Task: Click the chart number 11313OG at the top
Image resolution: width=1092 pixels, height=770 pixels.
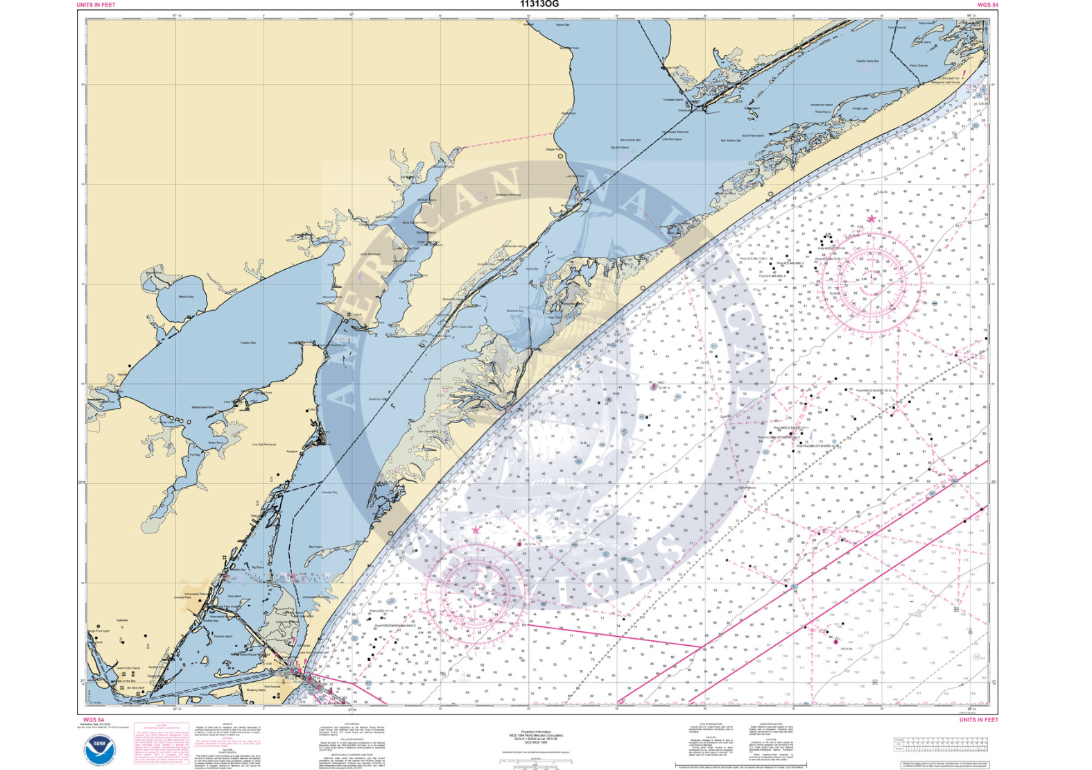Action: pyautogui.click(x=539, y=4)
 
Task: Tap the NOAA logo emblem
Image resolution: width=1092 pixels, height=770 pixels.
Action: pyautogui.click(x=101, y=751)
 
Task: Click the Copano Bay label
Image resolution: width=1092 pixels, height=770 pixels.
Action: pyautogui.click(x=248, y=343)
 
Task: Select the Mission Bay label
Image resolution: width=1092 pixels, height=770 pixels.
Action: pyautogui.click(x=186, y=297)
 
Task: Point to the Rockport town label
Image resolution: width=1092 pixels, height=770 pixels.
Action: pyautogui.click(x=292, y=452)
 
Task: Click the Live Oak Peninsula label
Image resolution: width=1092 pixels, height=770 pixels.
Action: pyautogui.click(x=263, y=445)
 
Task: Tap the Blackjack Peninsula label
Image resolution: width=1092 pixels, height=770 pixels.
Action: pyautogui.click(x=508, y=195)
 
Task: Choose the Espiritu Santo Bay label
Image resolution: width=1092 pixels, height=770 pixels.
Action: pyautogui.click(x=867, y=61)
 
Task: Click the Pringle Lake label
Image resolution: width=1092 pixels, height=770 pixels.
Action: pyautogui.click(x=860, y=108)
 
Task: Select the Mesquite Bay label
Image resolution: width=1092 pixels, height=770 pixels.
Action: pyautogui.click(x=514, y=311)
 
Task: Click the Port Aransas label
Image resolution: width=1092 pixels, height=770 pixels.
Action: pyautogui.click(x=272, y=687)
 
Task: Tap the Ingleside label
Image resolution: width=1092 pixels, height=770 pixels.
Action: pyautogui.click(x=122, y=620)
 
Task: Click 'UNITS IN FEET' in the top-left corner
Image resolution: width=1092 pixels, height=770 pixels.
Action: pyautogui.click(x=96, y=5)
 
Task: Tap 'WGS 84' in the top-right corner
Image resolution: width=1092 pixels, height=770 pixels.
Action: pyautogui.click(x=987, y=5)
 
